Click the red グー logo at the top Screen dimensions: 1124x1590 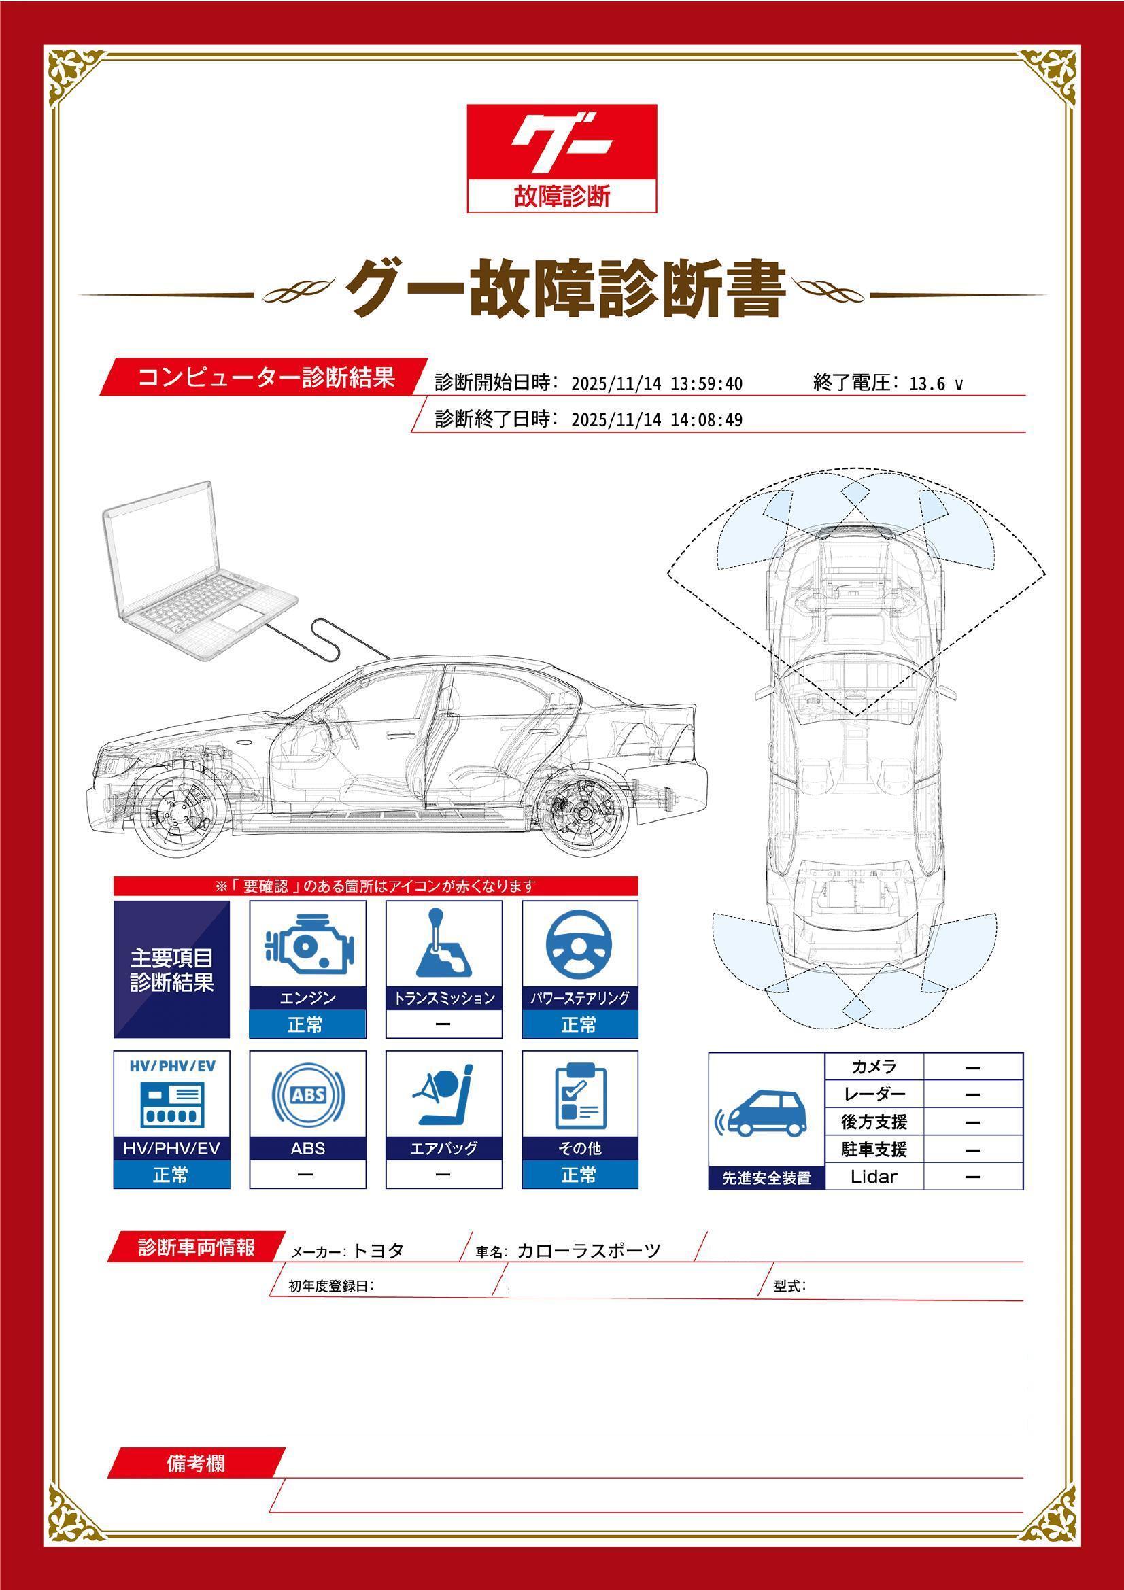click(x=562, y=158)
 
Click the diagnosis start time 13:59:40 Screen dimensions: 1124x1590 click(x=706, y=383)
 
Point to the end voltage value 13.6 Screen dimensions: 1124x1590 click(x=927, y=383)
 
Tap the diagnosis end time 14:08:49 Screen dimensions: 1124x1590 click(x=706, y=419)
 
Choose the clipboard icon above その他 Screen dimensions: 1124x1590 click(x=579, y=1096)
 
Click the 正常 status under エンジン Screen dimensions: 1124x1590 click(x=307, y=1024)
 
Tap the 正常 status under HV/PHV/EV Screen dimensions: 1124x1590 click(x=171, y=1175)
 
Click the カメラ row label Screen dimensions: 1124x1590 click(x=874, y=1067)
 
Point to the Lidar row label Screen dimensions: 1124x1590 click(x=873, y=1177)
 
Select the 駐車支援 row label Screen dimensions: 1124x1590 click(x=874, y=1149)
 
